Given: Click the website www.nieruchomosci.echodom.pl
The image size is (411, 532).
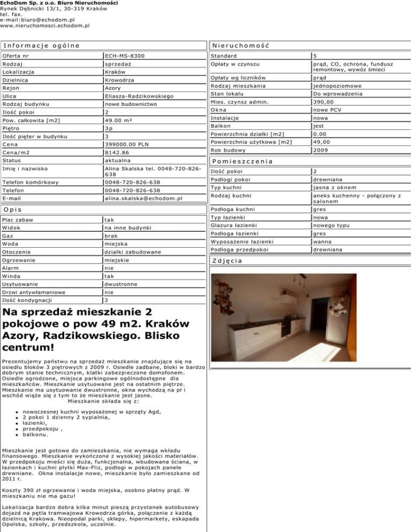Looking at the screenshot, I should [x=44, y=25].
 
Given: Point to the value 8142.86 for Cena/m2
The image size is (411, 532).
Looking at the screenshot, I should [x=118, y=153].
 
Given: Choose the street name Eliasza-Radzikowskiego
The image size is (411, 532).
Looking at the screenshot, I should [x=139, y=96].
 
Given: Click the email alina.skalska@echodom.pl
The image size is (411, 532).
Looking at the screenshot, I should [x=143, y=198].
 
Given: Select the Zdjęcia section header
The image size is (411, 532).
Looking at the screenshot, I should [x=227, y=261].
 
